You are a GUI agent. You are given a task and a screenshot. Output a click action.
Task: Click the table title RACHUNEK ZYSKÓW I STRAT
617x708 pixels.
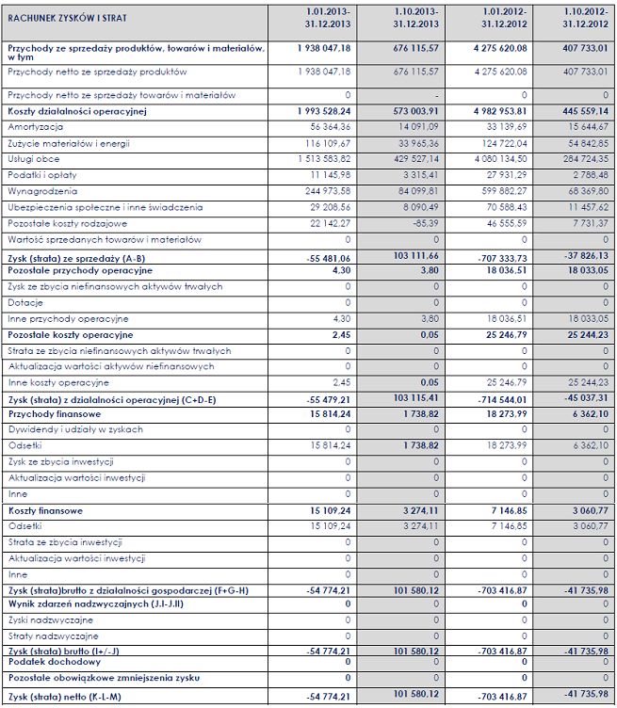pyautogui.click(x=68, y=19)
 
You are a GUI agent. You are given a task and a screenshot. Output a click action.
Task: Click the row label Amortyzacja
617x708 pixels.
pyautogui.click(x=35, y=126)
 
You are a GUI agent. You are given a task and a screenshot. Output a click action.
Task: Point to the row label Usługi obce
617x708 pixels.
pyautogui.click(x=34, y=158)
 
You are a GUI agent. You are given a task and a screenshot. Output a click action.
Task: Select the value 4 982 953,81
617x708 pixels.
pyautogui.click(x=493, y=111)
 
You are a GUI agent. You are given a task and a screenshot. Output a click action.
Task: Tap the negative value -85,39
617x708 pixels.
pyautogui.click(x=419, y=222)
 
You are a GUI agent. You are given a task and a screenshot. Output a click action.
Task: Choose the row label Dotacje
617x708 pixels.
pyautogui.click(x=25, y=302)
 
